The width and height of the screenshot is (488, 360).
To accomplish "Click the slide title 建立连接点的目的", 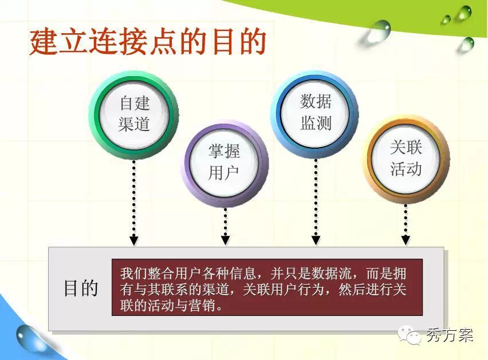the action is click(x=148, y=41).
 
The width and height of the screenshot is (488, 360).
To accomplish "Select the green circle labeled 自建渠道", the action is click(x=134, y=114).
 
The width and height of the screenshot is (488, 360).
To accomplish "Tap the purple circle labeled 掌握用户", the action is click(x=225, y=163).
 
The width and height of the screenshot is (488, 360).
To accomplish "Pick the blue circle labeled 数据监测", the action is click(x=314, y=113).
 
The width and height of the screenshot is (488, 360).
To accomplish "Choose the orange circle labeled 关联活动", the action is click(x=406, y=159).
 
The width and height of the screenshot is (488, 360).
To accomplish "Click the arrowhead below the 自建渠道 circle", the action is click(x=134, y=240).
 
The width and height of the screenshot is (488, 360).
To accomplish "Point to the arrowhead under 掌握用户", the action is click(x=225, y=240).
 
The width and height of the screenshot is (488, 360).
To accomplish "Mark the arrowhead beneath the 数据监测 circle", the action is click(x=316, y=240).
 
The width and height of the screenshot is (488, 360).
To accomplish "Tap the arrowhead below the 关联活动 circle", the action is click(x=406, y=240).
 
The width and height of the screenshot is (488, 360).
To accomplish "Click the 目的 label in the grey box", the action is click(x=81, y=288).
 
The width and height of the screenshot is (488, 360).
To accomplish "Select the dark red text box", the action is click(x=267, y=287).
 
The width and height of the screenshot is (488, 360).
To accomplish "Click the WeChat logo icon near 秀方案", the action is click(x=410, y=335).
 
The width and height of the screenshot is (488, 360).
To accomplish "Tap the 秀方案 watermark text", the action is click(x=450, y=335).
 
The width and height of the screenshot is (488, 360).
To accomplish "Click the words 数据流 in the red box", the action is click(x=332, y=274).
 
